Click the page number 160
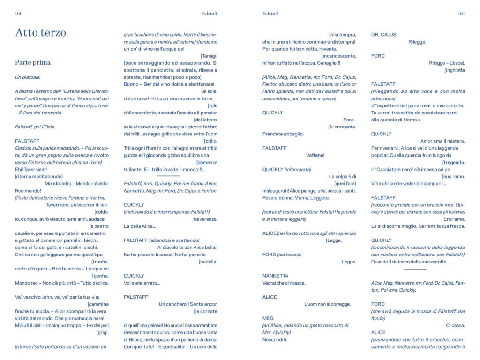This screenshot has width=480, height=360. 19,14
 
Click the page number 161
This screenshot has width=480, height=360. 461,14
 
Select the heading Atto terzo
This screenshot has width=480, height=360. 40,32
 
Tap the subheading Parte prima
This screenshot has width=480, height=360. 33,62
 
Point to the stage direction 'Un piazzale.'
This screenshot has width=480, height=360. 28,77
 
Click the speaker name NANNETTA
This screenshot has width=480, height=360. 276,276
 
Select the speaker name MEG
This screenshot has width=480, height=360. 268,318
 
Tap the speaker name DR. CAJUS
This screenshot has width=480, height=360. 383,35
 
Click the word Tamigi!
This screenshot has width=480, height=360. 209,56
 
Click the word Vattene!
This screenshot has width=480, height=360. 315,155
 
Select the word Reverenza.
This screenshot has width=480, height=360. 205,219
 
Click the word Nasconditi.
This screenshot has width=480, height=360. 275,339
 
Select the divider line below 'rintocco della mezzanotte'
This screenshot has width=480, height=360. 415,270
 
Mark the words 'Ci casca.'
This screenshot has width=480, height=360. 455,325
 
